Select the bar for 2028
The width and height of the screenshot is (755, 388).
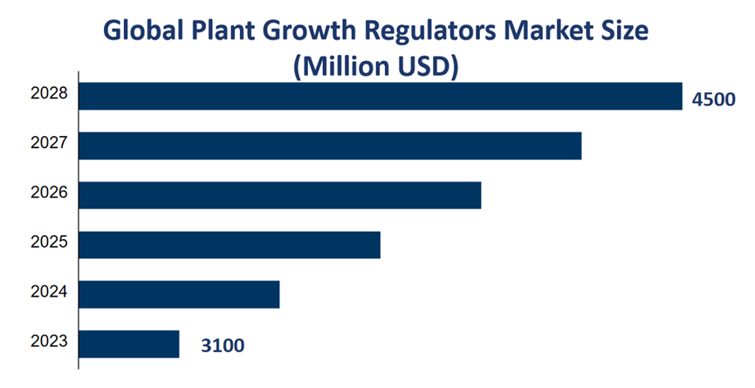click(380, 96)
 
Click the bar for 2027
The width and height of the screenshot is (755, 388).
click(330, 146)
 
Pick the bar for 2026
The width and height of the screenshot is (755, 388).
click(279, 195)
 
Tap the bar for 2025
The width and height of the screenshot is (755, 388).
click(230, 245)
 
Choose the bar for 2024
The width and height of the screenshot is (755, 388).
click(179, 295)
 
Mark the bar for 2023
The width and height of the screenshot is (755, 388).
click(129, 344)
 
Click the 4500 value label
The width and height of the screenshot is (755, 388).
click(714, 100)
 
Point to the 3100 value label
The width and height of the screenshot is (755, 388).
click(223, 347)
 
